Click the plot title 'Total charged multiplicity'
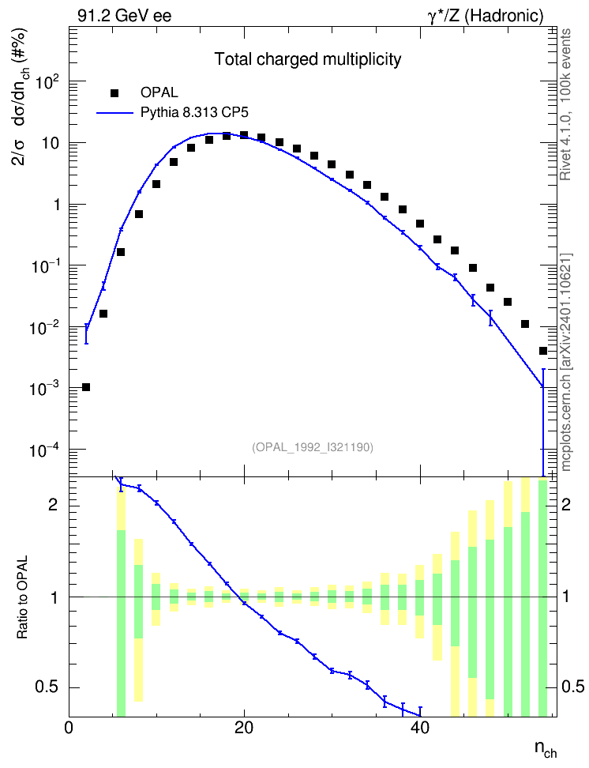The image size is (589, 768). [308, 59]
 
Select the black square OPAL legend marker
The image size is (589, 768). [114, 92]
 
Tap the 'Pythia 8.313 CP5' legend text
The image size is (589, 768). [194, 113]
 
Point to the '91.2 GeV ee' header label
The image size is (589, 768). [125, 16]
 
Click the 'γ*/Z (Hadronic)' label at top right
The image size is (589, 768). [486, 16]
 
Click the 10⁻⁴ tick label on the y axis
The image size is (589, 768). [45, 449]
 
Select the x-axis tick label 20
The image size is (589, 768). [244, 728]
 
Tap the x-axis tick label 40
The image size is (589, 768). [420, 728]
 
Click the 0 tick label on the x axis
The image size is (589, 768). [69, 728]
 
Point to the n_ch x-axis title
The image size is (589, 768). [546, 748]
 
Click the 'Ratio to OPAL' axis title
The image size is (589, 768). [23, 597]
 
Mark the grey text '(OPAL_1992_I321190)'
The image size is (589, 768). [313, 446]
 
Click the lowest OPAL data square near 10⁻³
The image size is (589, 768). [86, 387]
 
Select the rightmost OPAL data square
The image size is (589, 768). [543, 351]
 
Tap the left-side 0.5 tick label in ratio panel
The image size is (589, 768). [48, 687]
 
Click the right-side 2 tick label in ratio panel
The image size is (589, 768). [566, 505]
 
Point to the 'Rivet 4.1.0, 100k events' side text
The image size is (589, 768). [565, 104]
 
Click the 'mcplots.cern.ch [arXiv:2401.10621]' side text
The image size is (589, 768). [565, 363]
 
